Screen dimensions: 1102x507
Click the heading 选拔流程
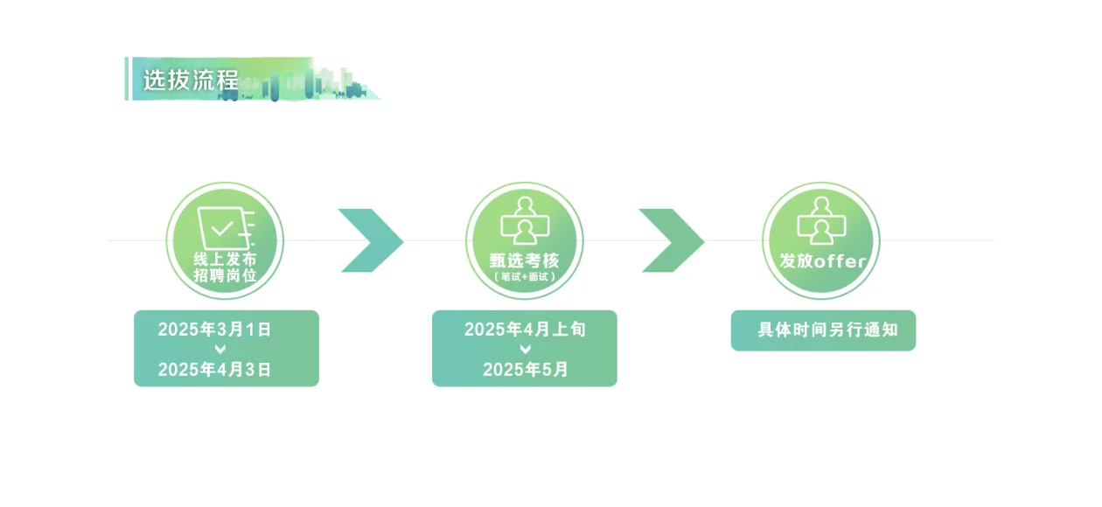[191, 80]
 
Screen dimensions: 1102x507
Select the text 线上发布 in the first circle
[225, 260]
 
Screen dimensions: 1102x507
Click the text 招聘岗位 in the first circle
[225, 276]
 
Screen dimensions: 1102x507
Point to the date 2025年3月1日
[214, 330]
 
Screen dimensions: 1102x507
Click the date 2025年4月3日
[214, 370]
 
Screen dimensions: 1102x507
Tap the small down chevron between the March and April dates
[220, 350]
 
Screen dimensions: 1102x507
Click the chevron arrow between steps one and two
[372, 240]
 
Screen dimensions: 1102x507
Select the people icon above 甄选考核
[523, 220]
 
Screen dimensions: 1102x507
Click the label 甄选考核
[524, 261]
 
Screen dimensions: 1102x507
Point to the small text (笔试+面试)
[524, 277]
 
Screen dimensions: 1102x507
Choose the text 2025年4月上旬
[525, 330]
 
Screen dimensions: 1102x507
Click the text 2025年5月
[525, 370]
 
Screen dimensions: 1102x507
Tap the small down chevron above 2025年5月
[525, 350]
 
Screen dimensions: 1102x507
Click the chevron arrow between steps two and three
[672, 240]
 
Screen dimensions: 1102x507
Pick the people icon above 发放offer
[820, 220]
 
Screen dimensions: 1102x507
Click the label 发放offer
[822, 261]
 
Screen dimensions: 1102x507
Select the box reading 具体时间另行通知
[823, 330]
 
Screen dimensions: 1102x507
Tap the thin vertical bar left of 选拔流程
[127, 79]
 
